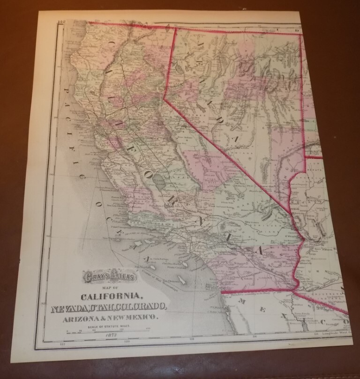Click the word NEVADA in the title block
[x=71, y=307]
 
